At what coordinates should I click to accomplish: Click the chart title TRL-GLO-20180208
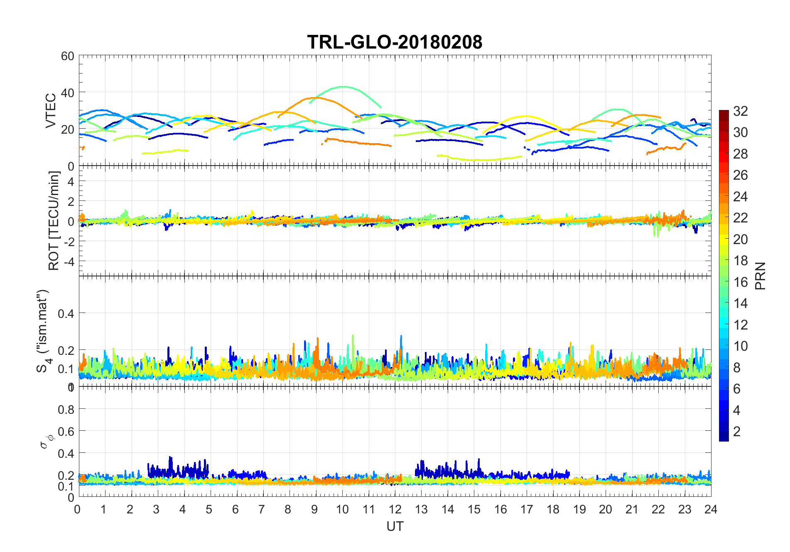coord(395,42)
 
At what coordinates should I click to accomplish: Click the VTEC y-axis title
coord(51,110)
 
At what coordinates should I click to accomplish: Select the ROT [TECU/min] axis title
coord(54,221)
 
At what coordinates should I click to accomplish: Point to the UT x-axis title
coord(395,526)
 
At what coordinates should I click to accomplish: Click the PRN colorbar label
coord(760,276)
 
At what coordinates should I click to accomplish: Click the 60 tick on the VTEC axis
coord(68,56)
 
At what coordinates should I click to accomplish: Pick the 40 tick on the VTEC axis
coord(68,93)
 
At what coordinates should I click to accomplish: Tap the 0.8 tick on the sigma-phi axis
coord(66,410)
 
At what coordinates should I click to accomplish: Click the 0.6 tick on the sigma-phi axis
coord(66,432)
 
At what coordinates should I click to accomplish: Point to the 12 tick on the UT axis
coord(395,509)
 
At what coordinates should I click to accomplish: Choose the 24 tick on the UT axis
coord(711,509)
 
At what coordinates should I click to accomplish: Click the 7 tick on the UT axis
coord(262,509)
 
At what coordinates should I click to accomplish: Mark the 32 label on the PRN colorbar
coord(741,111)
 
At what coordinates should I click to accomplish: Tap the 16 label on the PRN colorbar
coord(741,282)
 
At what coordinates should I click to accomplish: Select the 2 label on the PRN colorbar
coord(737,432)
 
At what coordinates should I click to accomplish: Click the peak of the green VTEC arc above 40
coord(343,87)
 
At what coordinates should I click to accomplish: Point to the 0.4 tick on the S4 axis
coord(66,313)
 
